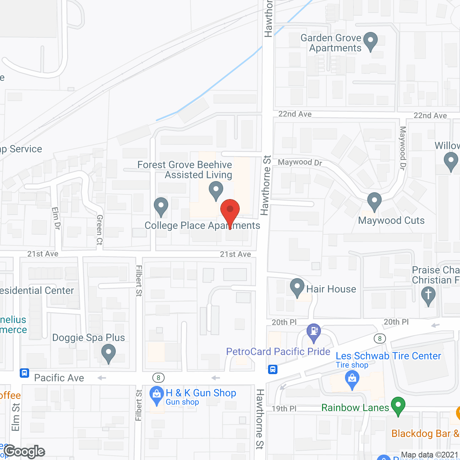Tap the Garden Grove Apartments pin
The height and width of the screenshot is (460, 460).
[371, 41]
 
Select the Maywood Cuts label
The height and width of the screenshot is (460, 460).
[391, 220]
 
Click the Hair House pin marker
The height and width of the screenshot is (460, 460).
[297, 287]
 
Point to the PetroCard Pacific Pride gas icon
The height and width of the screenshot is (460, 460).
[314, 332]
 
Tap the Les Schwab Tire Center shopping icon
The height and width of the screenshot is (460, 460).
[352, 379]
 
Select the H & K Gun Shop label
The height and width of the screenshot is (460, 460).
[201, 393]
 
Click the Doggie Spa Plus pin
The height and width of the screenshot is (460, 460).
[108, 353]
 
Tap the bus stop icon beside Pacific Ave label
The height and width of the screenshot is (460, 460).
[24, 373]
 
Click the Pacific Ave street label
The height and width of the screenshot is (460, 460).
[59, 378]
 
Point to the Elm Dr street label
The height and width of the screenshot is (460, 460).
[56, 218]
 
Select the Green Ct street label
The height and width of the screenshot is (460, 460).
[100, 230]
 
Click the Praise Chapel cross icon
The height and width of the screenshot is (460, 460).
[428, 295]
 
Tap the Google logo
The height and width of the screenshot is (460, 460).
[24, 451]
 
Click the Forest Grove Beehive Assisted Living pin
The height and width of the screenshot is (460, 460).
[216, 190]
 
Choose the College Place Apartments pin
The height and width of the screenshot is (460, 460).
[161, 207]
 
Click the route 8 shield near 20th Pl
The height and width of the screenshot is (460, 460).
[379, 338]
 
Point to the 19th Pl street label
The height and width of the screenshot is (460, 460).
[284, 409]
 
